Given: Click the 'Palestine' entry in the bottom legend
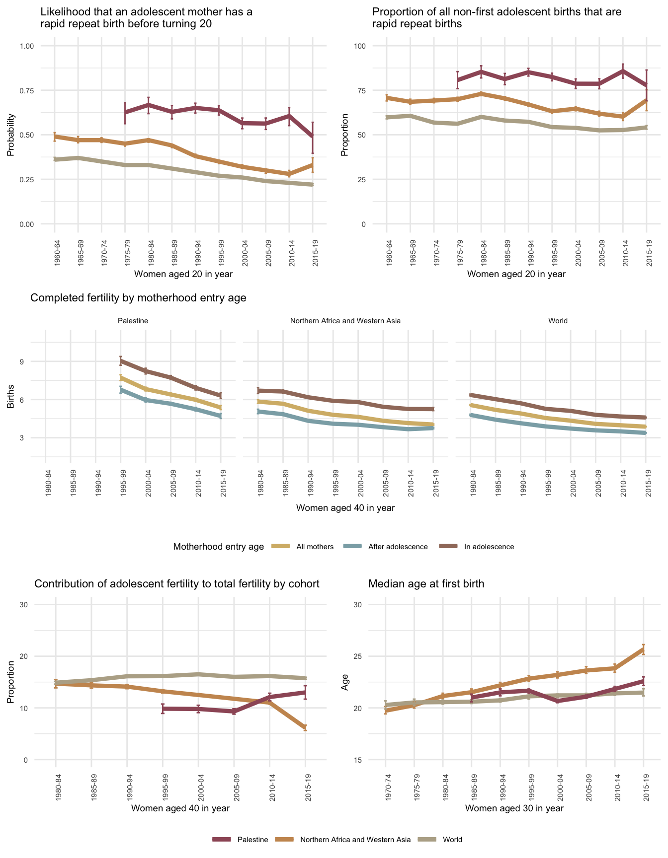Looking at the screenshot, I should (x=252, y=840).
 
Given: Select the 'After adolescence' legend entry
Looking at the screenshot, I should (x=398, y=547).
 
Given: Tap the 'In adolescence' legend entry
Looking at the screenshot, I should (x=489, y=547).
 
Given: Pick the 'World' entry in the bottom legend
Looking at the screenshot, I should (x=452, y=840).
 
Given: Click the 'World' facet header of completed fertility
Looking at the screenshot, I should (x=558, y=321).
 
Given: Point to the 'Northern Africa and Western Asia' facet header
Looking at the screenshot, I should (x=345, y=321).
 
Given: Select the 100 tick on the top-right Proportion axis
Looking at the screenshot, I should (x=360, y=46).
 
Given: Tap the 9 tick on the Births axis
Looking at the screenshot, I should (x=22, y=361).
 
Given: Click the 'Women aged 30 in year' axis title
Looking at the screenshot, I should (x=514, y=808).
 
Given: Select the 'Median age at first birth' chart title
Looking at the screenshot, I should (x=426, y=584).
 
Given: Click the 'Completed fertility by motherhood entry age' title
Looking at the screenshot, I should (x=138, y=298).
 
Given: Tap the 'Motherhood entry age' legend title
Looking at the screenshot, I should (x=218, y=547).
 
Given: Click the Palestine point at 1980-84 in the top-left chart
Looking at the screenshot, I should (x=149, y=105).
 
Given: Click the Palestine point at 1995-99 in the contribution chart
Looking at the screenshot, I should (x=163, y=709).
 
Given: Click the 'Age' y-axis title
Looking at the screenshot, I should (x=345, y=682).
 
